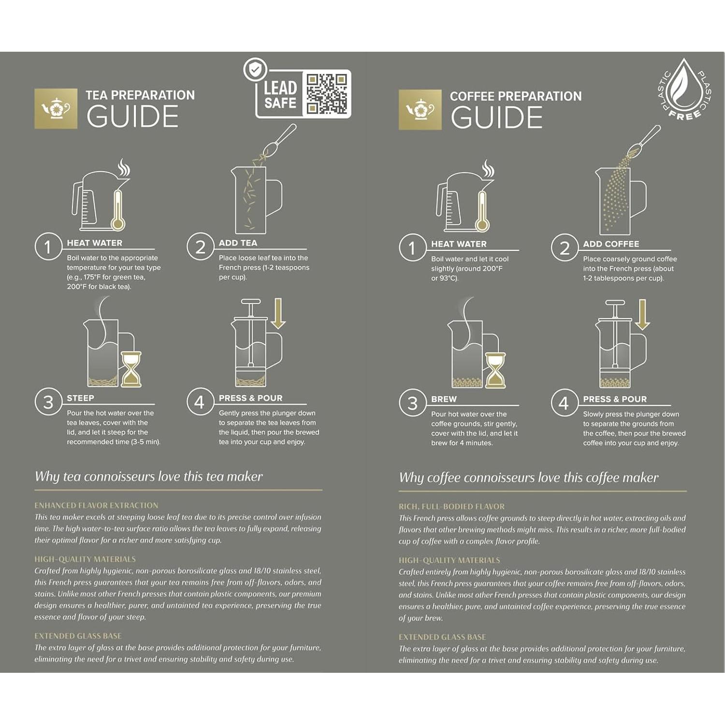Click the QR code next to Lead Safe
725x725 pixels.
click(x=327, y=94)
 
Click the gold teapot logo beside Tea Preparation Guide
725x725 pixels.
click(x=56, y=109)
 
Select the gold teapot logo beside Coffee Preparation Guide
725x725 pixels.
click(x=420, y=110)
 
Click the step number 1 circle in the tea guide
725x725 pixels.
click(x=48, y=247)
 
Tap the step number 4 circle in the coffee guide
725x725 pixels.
click(x=564, y=403)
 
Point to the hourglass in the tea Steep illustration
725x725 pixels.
click(x=131, y=369)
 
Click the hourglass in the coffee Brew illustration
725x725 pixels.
click(x=495, y=370)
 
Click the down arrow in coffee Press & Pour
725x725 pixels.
click(x=642, y=315)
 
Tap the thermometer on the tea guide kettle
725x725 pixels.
click(x=117, y=210)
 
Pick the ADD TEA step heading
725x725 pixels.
click(x=238, y=243)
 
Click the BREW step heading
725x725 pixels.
click(x=444, y=399)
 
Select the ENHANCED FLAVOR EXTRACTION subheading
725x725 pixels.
click(x=96, y=506)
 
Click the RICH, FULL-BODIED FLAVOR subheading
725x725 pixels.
click(x=451, y=507)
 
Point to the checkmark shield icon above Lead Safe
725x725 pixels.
click(x=255, y=70)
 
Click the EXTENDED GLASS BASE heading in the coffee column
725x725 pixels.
click(x=442, y=637)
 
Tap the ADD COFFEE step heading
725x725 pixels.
click(x=611, y=244)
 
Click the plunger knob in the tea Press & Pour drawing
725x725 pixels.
click(x=250, y=302)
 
